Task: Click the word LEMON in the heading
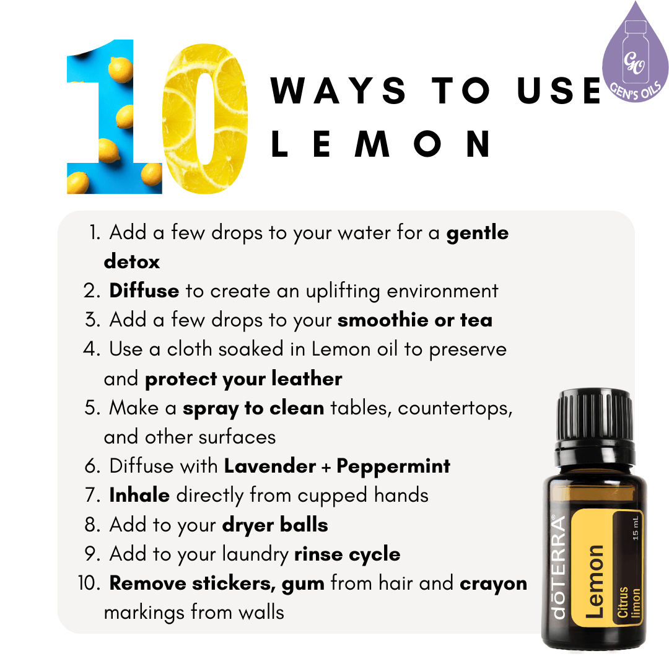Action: click(x=382, y=143)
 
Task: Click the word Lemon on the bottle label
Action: click(x=595, y=580)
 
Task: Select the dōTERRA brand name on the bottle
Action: click(x=558, y=567)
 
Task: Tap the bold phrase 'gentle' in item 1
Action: click(x=478, y=233)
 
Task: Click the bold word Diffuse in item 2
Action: click(x=144, y=291)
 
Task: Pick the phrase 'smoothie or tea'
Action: click(x=415, y=320)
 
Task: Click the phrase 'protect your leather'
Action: click(x=243, y=378)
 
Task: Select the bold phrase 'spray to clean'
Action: click(x=253, y=408)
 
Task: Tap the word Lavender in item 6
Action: click(x=270, y=466)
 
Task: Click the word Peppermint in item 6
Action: click(x=393, y=466)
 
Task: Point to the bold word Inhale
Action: click(x=139, y=495)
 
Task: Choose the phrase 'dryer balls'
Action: click(x=275, y=525)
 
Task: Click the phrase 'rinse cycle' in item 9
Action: click(x=347, y=554)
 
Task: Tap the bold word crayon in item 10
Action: click(x=493, y=583)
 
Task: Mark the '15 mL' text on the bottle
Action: click(x=635, y=528)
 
